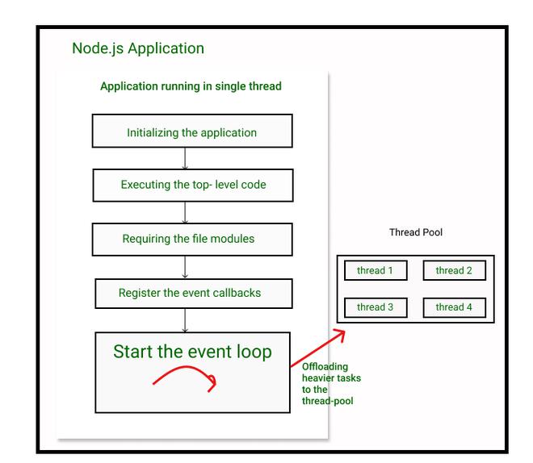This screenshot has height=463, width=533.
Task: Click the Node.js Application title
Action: point(138,48)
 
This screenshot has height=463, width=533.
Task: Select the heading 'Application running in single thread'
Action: point(191,86)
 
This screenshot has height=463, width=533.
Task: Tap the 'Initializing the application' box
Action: point(192,131)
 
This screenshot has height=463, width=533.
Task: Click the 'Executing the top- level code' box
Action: point(193,186)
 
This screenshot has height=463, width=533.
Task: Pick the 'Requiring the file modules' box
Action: point(192,240)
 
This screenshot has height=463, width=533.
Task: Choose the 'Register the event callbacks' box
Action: point(194,294)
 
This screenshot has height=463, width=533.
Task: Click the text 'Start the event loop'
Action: point(192,352)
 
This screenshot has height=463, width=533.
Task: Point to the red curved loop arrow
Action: point(186,367)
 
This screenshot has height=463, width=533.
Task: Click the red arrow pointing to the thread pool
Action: point(318,348)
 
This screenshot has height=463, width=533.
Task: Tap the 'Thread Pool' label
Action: point(416,232)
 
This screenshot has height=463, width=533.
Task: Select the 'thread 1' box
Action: point(376,270)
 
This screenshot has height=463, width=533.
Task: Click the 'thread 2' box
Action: point(455,270)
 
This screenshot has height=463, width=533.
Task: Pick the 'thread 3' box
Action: point(376,307)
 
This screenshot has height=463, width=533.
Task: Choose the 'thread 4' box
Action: point(455,307)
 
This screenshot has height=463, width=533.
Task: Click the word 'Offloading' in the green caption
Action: point(325,367)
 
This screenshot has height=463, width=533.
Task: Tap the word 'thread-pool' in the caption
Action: point(328,401)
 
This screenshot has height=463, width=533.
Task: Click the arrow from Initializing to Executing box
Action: point(185,158)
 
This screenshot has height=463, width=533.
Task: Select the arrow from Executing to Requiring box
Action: point(185,212)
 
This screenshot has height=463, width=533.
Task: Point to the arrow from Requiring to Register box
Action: point(185,267)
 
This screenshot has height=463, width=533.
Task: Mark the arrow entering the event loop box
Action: point(185,320)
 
